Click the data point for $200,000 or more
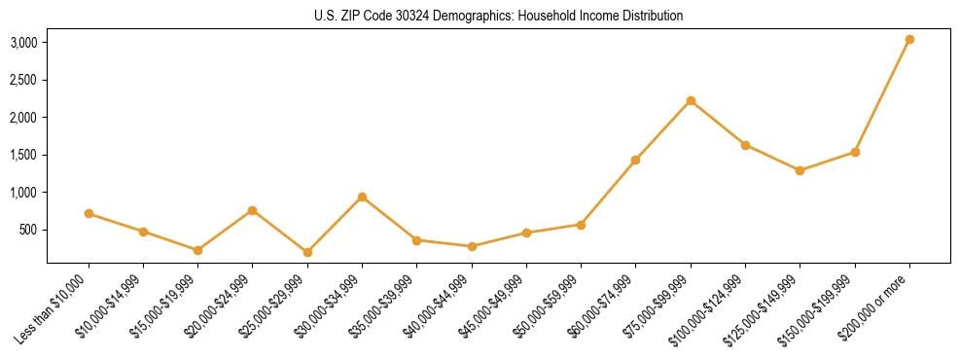(x=909, y=40)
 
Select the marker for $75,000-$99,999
(x=691, y=100)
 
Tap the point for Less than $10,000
(x=89, y=213)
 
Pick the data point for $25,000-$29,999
(x=307, y=252)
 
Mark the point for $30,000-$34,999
(x=362, y=197)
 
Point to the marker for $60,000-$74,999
(x=635, y=160)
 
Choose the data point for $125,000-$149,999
(x=800, y=170)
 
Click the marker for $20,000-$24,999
(x=253, y=210)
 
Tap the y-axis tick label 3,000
(x=23, y=43)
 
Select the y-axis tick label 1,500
(x=23, y=155)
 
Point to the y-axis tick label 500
(x=29, y=230)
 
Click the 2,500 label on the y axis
(x=23, y=80)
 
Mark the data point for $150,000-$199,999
(x=855, y=152)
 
